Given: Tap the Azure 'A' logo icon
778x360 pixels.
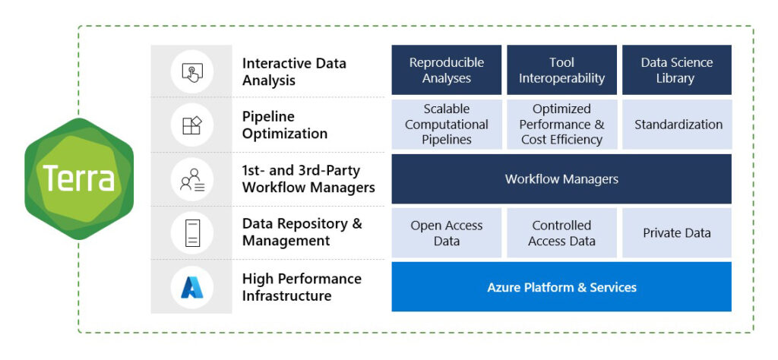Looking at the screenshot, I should [191, 287].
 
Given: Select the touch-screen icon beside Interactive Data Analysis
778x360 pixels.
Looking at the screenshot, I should [191, 71].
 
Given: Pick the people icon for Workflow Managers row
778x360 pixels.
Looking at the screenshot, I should [191, 179].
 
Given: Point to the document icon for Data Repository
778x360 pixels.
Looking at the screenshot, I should [191, 232].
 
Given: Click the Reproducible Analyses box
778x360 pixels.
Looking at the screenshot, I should [447, 71].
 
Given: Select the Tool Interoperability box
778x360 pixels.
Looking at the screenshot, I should [561, 71].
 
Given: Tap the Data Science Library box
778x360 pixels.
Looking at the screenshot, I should [676, 71].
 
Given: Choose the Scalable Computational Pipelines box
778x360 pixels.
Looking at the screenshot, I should [447, 125].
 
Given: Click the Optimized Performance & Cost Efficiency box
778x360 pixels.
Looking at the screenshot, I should [561, 125].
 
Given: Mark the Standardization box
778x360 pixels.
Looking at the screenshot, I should [676, 125].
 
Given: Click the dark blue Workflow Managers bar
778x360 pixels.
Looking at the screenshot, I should [561, 179].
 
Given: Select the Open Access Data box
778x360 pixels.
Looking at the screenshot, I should [447, 233].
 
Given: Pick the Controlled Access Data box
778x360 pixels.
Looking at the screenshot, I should [561, 233].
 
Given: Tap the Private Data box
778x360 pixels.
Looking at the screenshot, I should [676, 233].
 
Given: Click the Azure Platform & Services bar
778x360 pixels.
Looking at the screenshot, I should [561, 287].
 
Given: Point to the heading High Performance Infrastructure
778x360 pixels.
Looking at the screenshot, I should [302, 287].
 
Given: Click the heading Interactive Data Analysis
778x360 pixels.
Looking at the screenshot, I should [294, 71].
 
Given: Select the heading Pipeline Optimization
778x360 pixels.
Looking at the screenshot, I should [285, 125].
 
